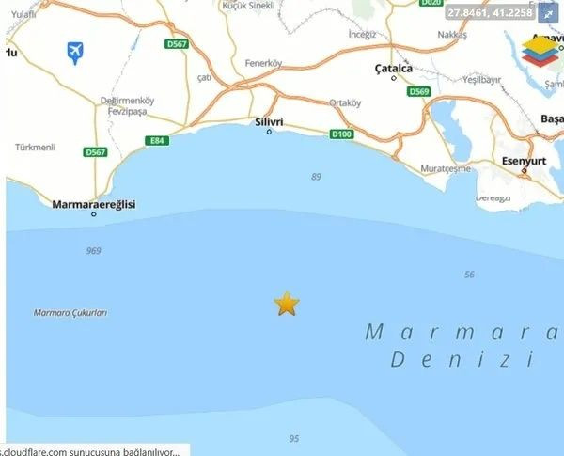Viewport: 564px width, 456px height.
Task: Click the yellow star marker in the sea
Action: [x=286, y=303]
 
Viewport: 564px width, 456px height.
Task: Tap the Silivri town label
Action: [x=269, y=122]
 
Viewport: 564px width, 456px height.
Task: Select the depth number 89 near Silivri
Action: [x=316, y=177]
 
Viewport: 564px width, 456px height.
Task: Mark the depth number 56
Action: [x=470, y=274]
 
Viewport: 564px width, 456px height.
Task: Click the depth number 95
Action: [x=294, y=439]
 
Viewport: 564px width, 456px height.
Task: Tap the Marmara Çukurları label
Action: [x=70, y=313]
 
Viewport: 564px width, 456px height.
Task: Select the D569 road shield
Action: [x=418, y=91]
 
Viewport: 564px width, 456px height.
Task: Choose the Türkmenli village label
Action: [x=36, y=148]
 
